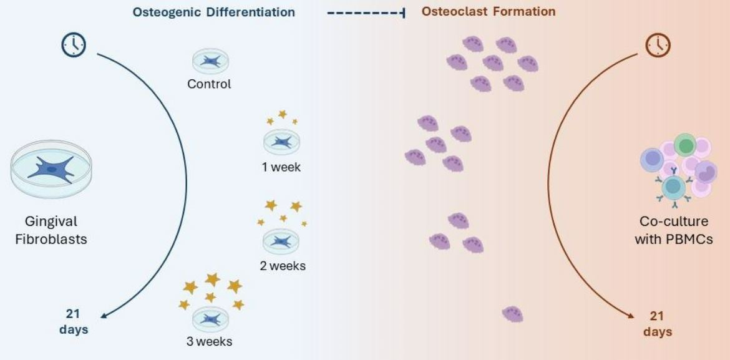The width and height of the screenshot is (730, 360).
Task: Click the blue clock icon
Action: pos(74,45)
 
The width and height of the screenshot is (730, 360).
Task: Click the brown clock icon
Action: pos(658,45)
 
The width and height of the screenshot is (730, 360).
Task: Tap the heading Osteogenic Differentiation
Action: pos(213,12)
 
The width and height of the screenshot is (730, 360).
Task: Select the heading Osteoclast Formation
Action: pos(489,11)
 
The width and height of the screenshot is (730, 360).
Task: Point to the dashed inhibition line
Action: pos(366,13)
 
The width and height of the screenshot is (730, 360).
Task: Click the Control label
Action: pos(209,84)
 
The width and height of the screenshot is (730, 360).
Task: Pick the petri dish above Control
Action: pos(210,62)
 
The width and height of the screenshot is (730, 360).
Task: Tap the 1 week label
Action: pos(281,167)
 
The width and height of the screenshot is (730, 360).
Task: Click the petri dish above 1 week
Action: pos(281,142)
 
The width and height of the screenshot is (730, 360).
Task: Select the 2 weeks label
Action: pos(283,266)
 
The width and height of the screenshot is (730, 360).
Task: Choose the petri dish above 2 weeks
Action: pos(281,241)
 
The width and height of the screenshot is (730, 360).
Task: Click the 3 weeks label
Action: pos(209,341)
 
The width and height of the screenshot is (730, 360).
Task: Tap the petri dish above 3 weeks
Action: pos(210,319)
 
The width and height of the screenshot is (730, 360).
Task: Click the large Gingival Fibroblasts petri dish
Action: pos(51,168)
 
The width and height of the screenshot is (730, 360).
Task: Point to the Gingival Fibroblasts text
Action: pos(51,230)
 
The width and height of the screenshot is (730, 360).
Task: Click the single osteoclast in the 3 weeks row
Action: pos(513,314)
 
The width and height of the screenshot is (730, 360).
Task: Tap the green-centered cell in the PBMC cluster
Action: pos(685,145)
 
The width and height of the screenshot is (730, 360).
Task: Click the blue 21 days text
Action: pos(74,322)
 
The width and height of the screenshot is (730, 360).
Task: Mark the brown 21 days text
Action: pos(658,324)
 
